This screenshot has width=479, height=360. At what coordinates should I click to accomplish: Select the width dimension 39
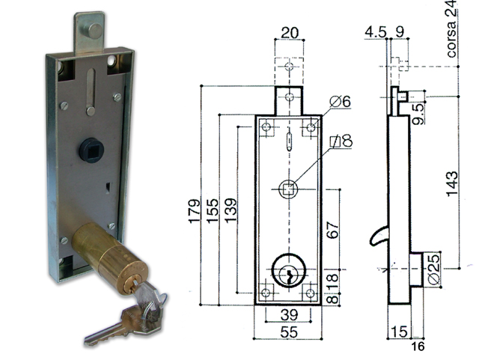click(287, 314)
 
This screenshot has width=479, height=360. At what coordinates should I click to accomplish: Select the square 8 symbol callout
click(339, 141)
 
